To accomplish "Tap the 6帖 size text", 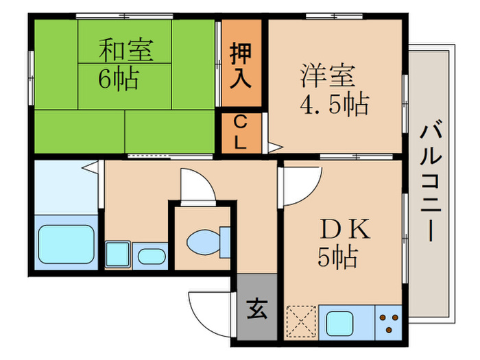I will [117, 78].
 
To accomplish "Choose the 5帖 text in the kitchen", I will [337, 257].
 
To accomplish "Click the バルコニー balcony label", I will [430, 180].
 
